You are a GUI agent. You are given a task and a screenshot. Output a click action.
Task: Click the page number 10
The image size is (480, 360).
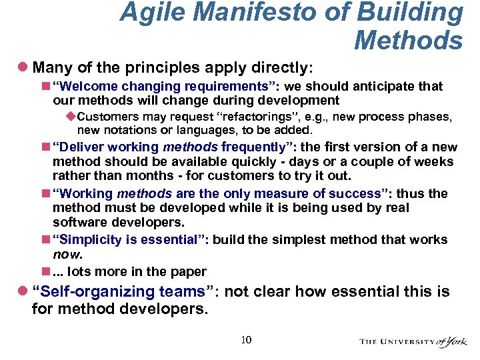pyautogui.click(x=246, y=341)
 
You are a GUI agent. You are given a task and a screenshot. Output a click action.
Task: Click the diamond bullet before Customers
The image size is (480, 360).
pyautogui.click(x=72, y=117)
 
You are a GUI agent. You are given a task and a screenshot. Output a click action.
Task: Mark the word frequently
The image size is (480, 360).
pyautogui.click(x=257, y=147)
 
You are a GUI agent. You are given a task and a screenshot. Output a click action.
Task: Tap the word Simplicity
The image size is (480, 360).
pyautogui.click(x=89, y=239)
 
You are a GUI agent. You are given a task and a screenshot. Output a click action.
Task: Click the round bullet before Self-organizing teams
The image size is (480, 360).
pyautogui.click(x=23, y=291)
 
